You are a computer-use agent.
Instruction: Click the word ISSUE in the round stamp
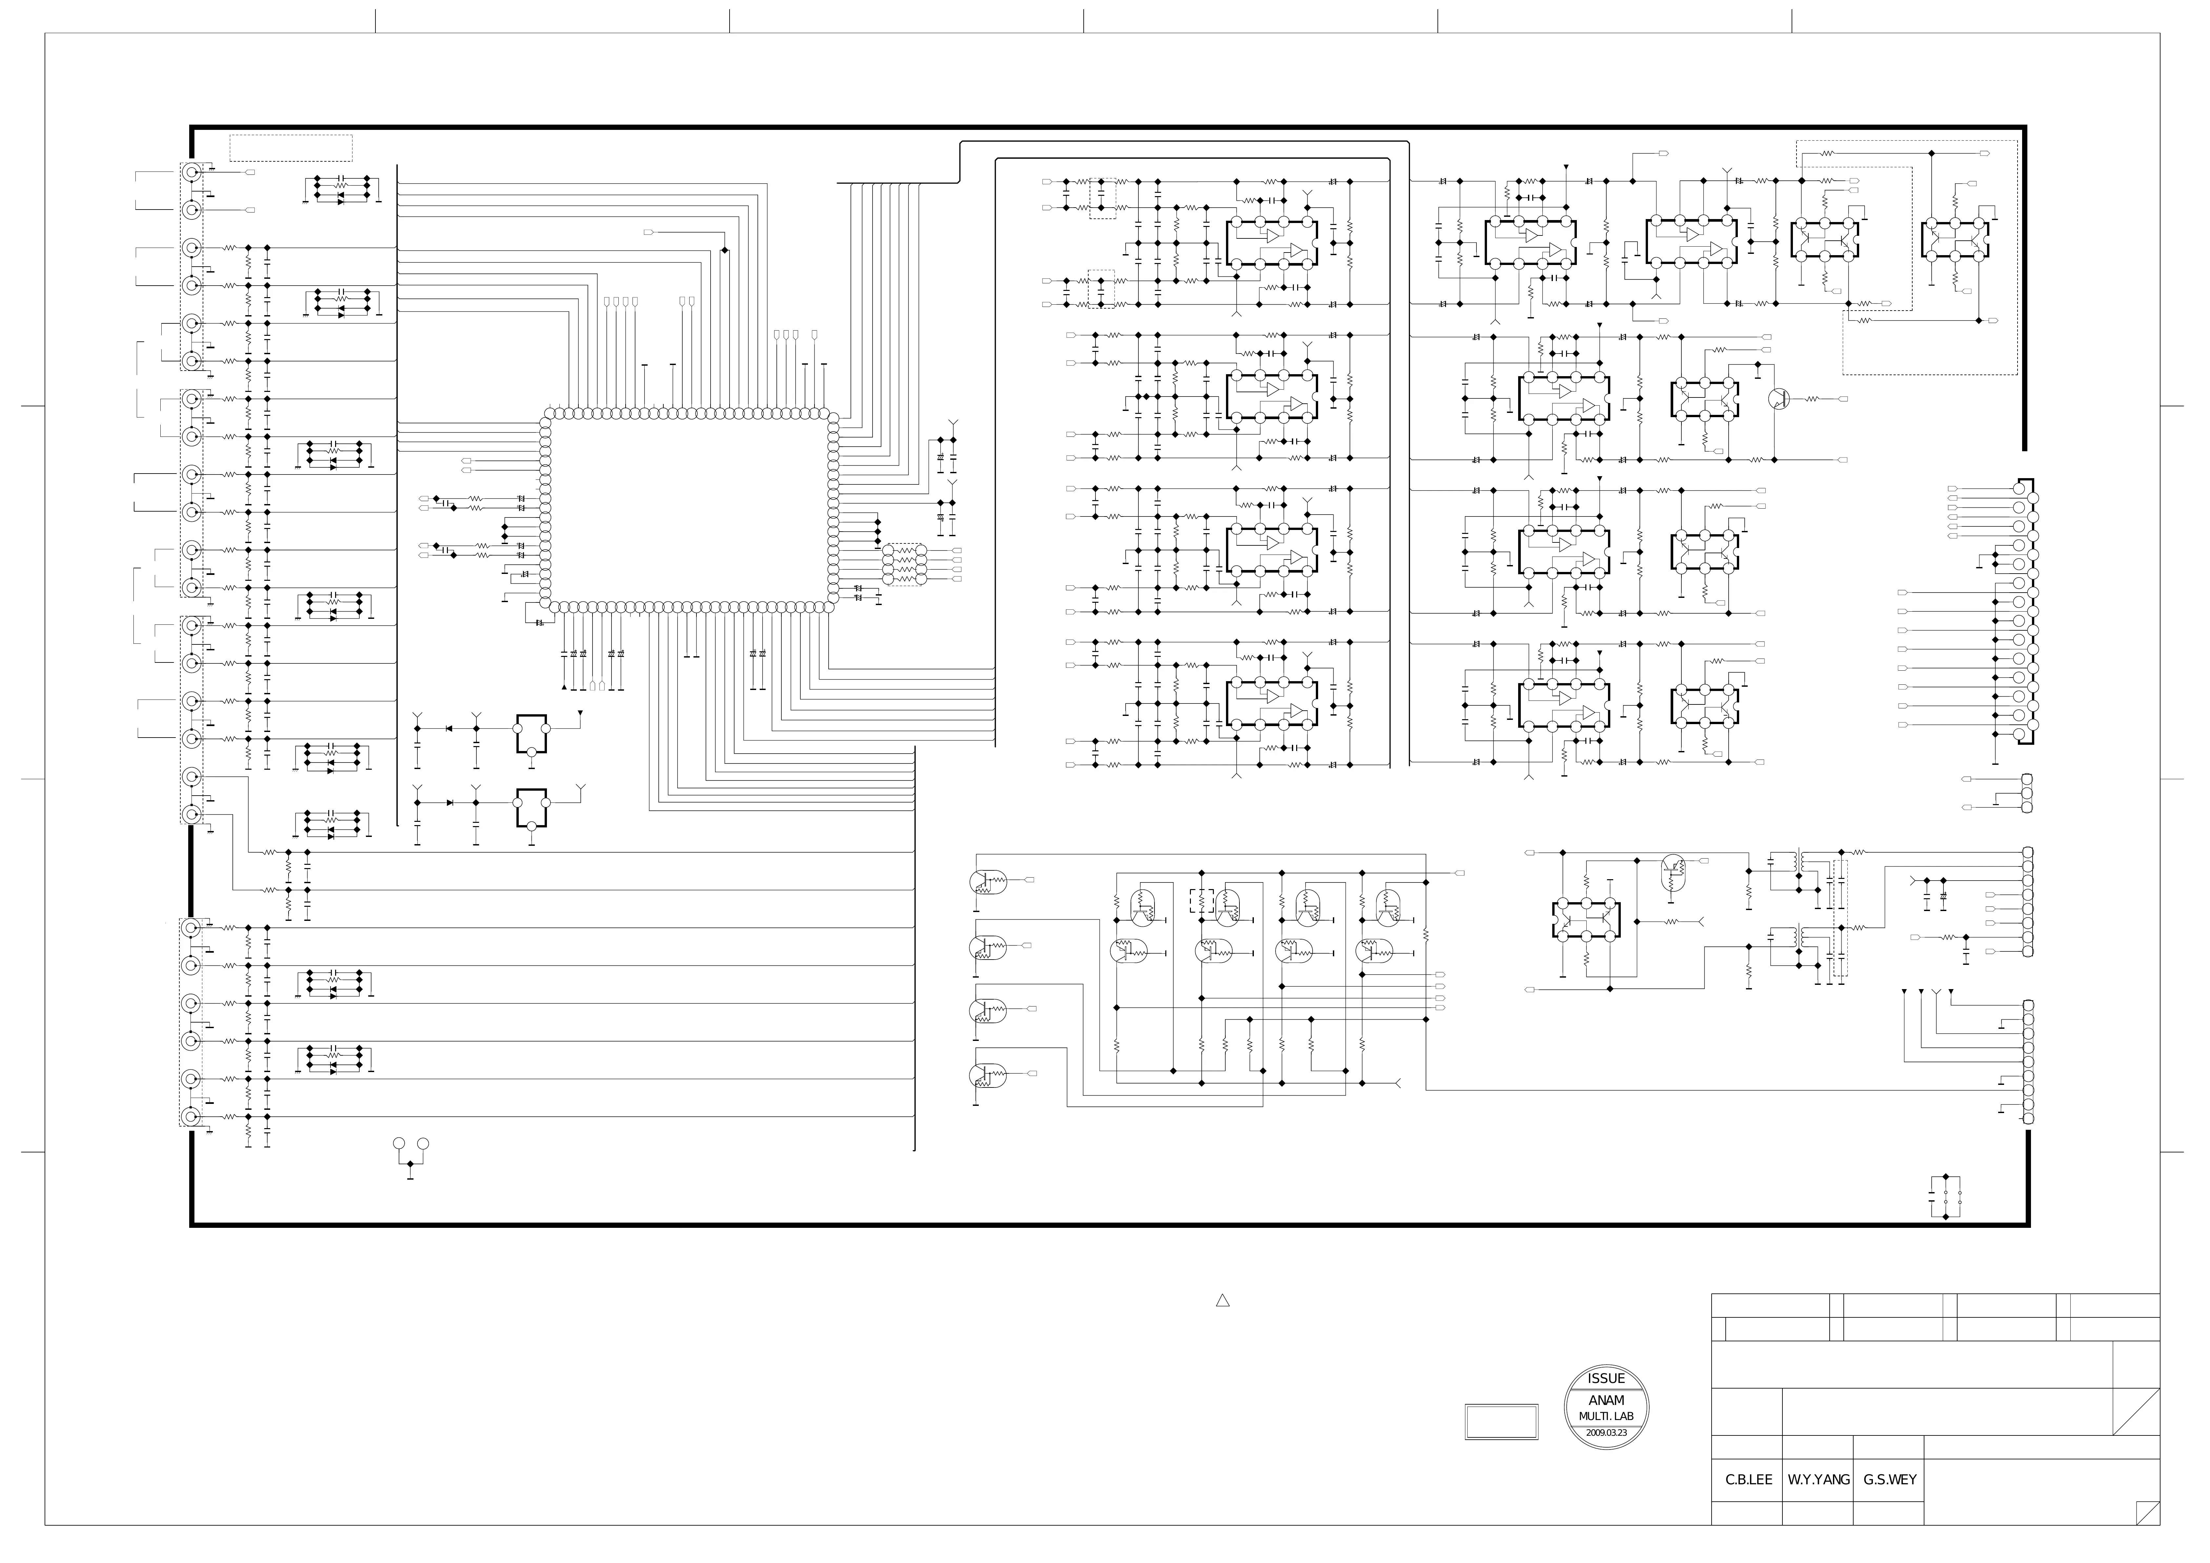tap(1605, 1378)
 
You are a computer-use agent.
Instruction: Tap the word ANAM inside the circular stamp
tap(1605, 1400)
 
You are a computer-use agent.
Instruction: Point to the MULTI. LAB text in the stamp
tap(1605, 1417)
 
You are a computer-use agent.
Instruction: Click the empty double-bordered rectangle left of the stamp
tap(1501, 1422)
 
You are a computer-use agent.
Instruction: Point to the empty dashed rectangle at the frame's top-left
tap(291, 148)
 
